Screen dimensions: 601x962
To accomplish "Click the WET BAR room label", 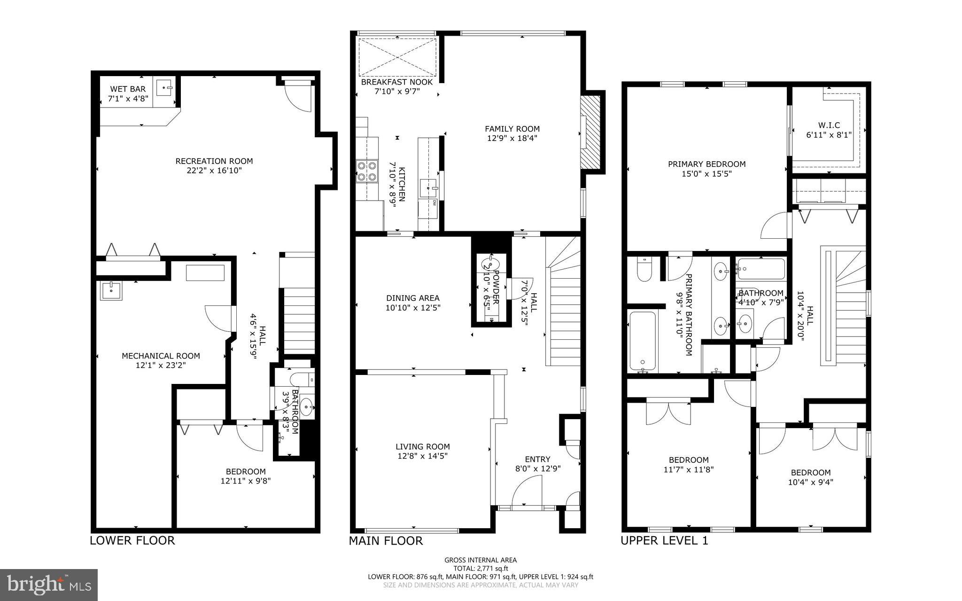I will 128,89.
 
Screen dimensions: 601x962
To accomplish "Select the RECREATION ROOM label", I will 214,161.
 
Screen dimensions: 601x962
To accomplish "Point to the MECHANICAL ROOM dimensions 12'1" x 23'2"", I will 161,365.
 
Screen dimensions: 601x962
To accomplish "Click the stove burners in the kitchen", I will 366,171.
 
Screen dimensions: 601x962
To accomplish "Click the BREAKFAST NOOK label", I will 396,82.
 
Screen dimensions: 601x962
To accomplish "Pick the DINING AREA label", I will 412,298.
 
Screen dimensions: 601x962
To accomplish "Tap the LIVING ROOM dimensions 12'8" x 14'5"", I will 422,456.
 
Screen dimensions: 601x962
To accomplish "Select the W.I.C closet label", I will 829,125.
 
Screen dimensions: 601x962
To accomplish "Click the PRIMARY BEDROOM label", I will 706,164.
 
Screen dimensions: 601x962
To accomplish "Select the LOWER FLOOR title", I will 132,540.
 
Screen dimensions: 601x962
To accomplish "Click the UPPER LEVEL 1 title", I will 664,540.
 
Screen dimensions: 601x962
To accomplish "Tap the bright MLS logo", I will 49,585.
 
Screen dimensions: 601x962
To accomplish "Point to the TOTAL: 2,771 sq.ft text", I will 481,568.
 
